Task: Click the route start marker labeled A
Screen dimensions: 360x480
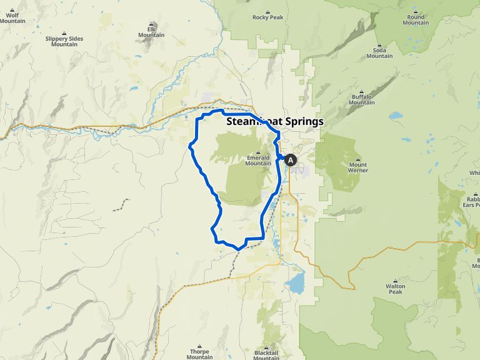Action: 291,160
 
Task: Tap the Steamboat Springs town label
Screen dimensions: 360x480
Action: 275,121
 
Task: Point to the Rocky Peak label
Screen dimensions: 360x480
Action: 267,18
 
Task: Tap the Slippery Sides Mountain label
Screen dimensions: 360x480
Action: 64,41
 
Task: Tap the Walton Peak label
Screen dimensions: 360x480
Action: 395,289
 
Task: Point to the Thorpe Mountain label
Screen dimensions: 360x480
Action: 199,354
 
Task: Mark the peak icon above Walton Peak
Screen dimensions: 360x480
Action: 395,281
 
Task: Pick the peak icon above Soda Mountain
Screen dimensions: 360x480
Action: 379,44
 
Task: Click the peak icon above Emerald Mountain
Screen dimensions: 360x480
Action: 258,152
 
